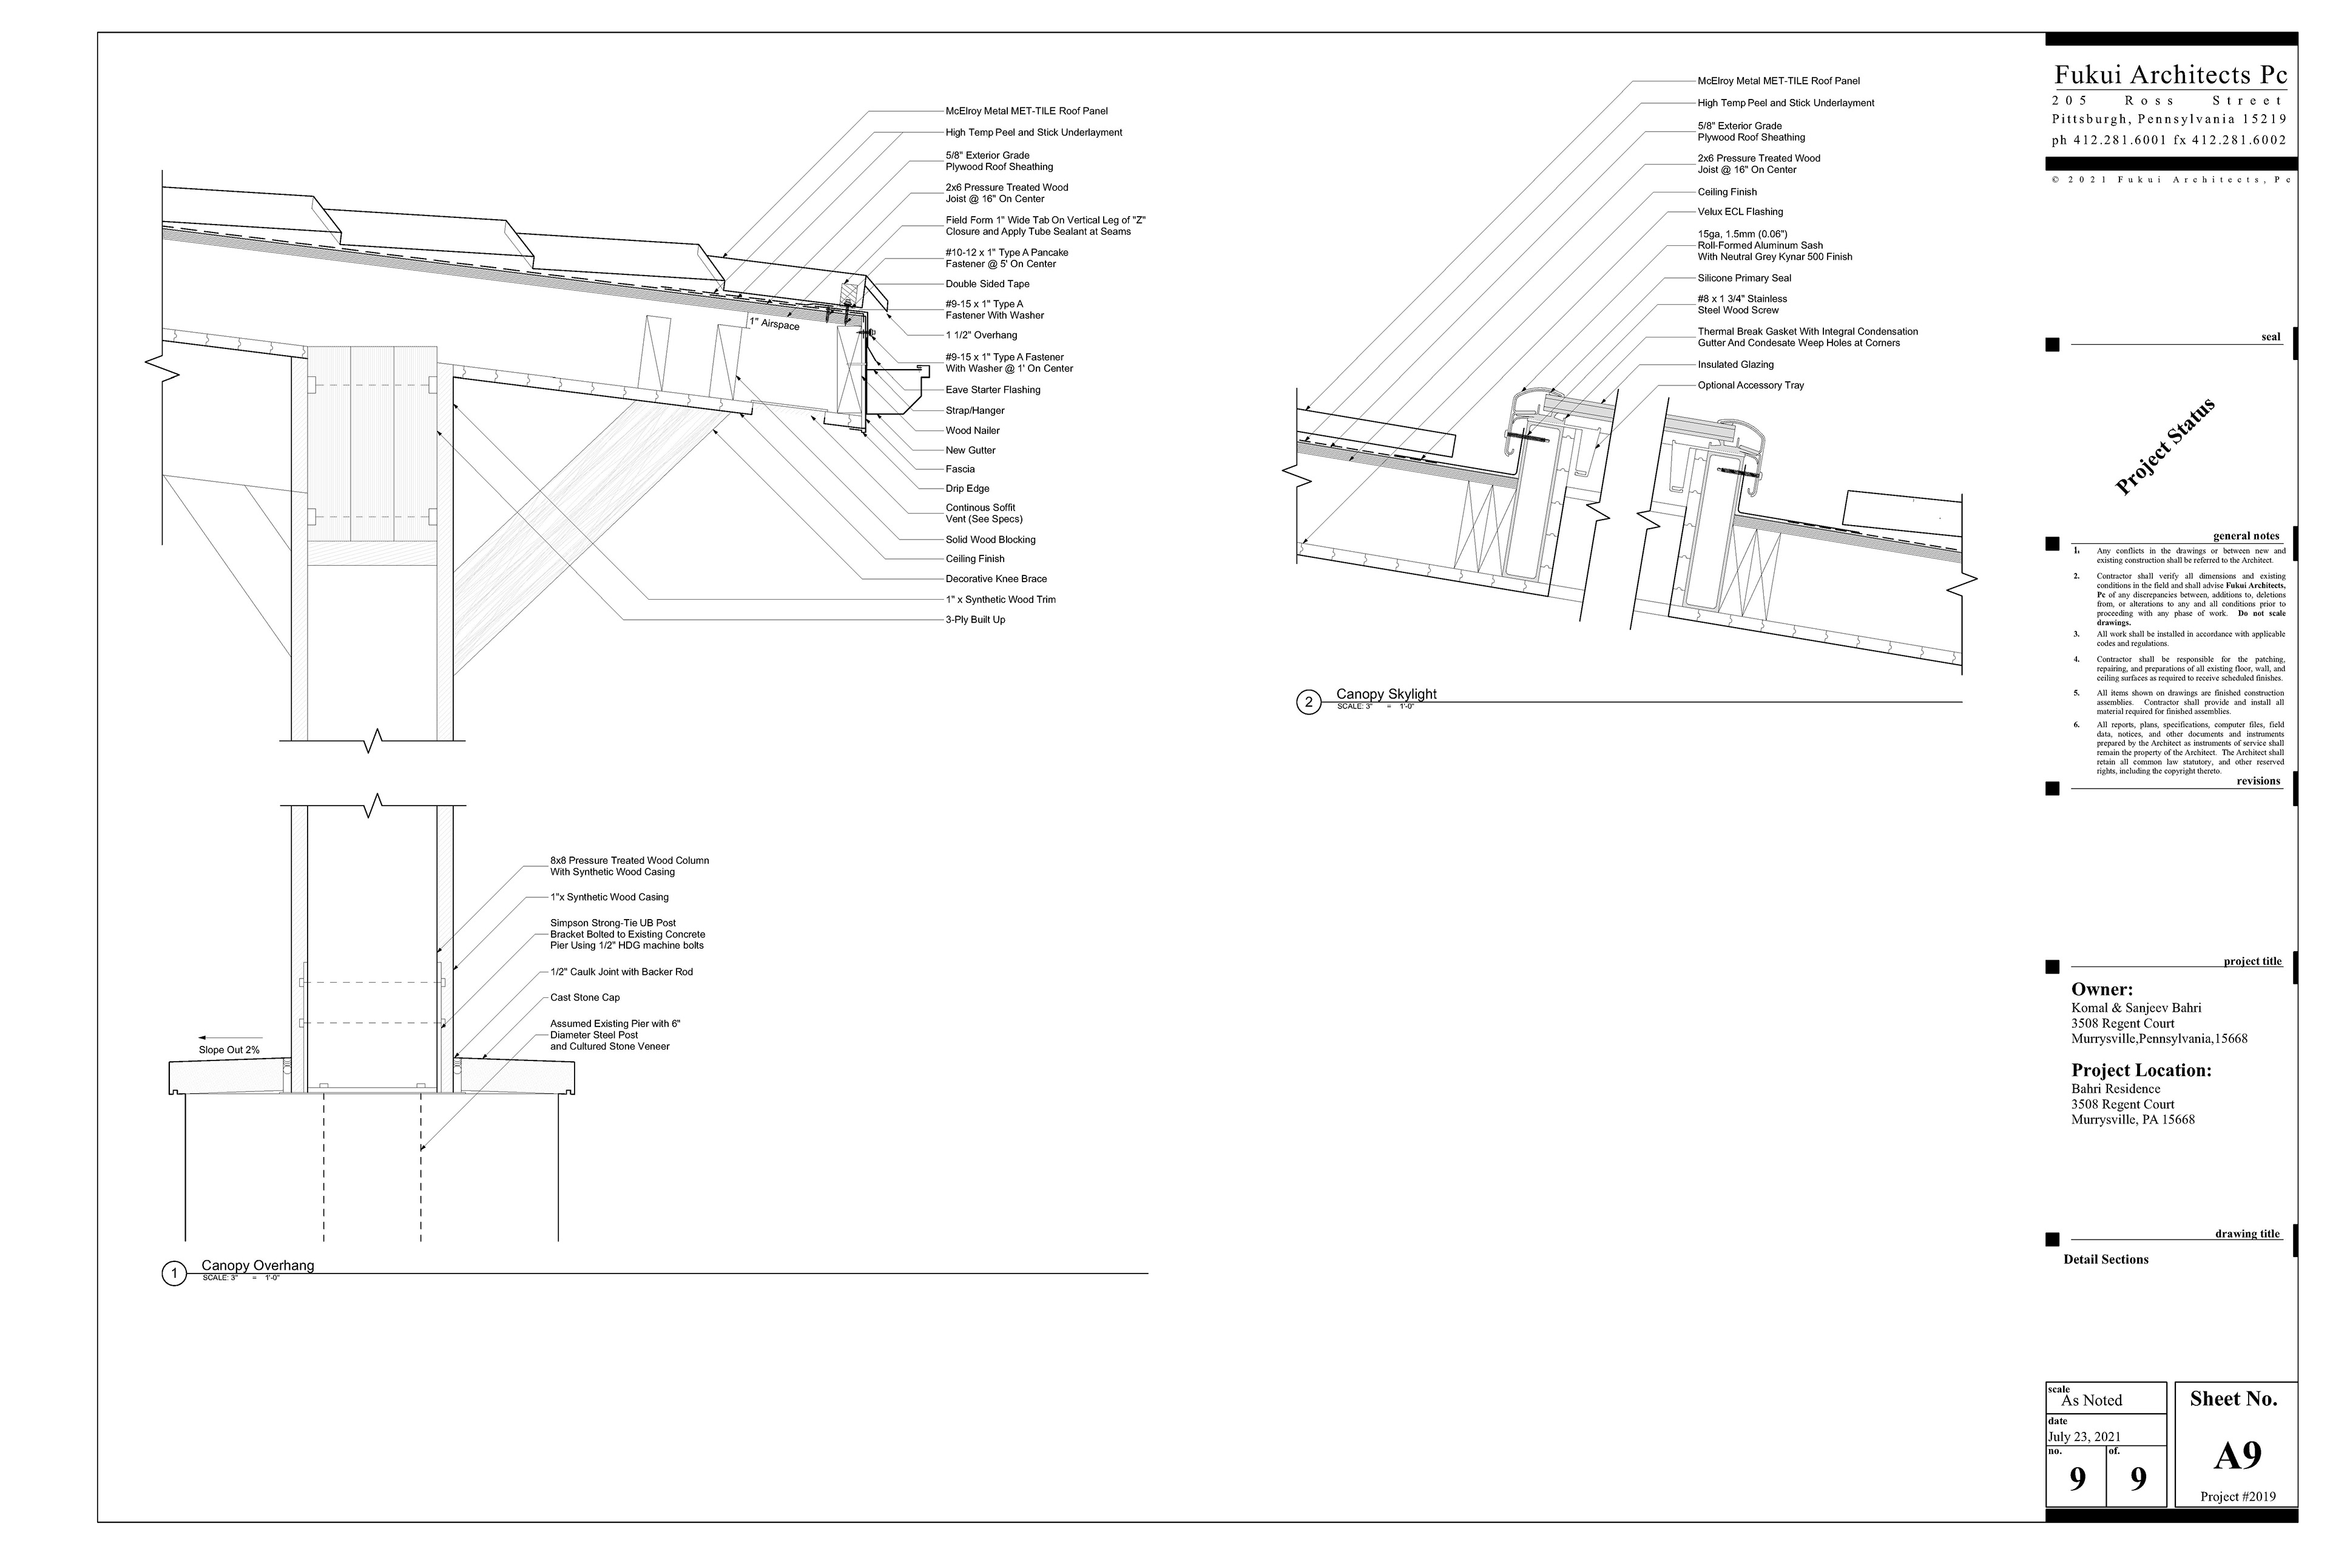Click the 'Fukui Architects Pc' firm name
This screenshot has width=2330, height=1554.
2170,75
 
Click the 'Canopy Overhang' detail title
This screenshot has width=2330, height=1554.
257,1266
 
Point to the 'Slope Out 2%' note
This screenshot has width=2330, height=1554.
229,1050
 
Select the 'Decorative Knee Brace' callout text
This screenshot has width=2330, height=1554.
996,579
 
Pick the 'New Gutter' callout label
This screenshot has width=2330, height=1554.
970,450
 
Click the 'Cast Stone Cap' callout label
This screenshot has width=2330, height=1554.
584,997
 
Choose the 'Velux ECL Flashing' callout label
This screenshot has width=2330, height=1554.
1740,211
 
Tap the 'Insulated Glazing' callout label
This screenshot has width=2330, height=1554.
1735,365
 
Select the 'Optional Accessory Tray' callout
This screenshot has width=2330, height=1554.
1751,385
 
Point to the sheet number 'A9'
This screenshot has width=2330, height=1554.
2237,1455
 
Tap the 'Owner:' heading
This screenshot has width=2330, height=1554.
2102,989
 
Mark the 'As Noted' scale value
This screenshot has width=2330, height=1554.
2092,1400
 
